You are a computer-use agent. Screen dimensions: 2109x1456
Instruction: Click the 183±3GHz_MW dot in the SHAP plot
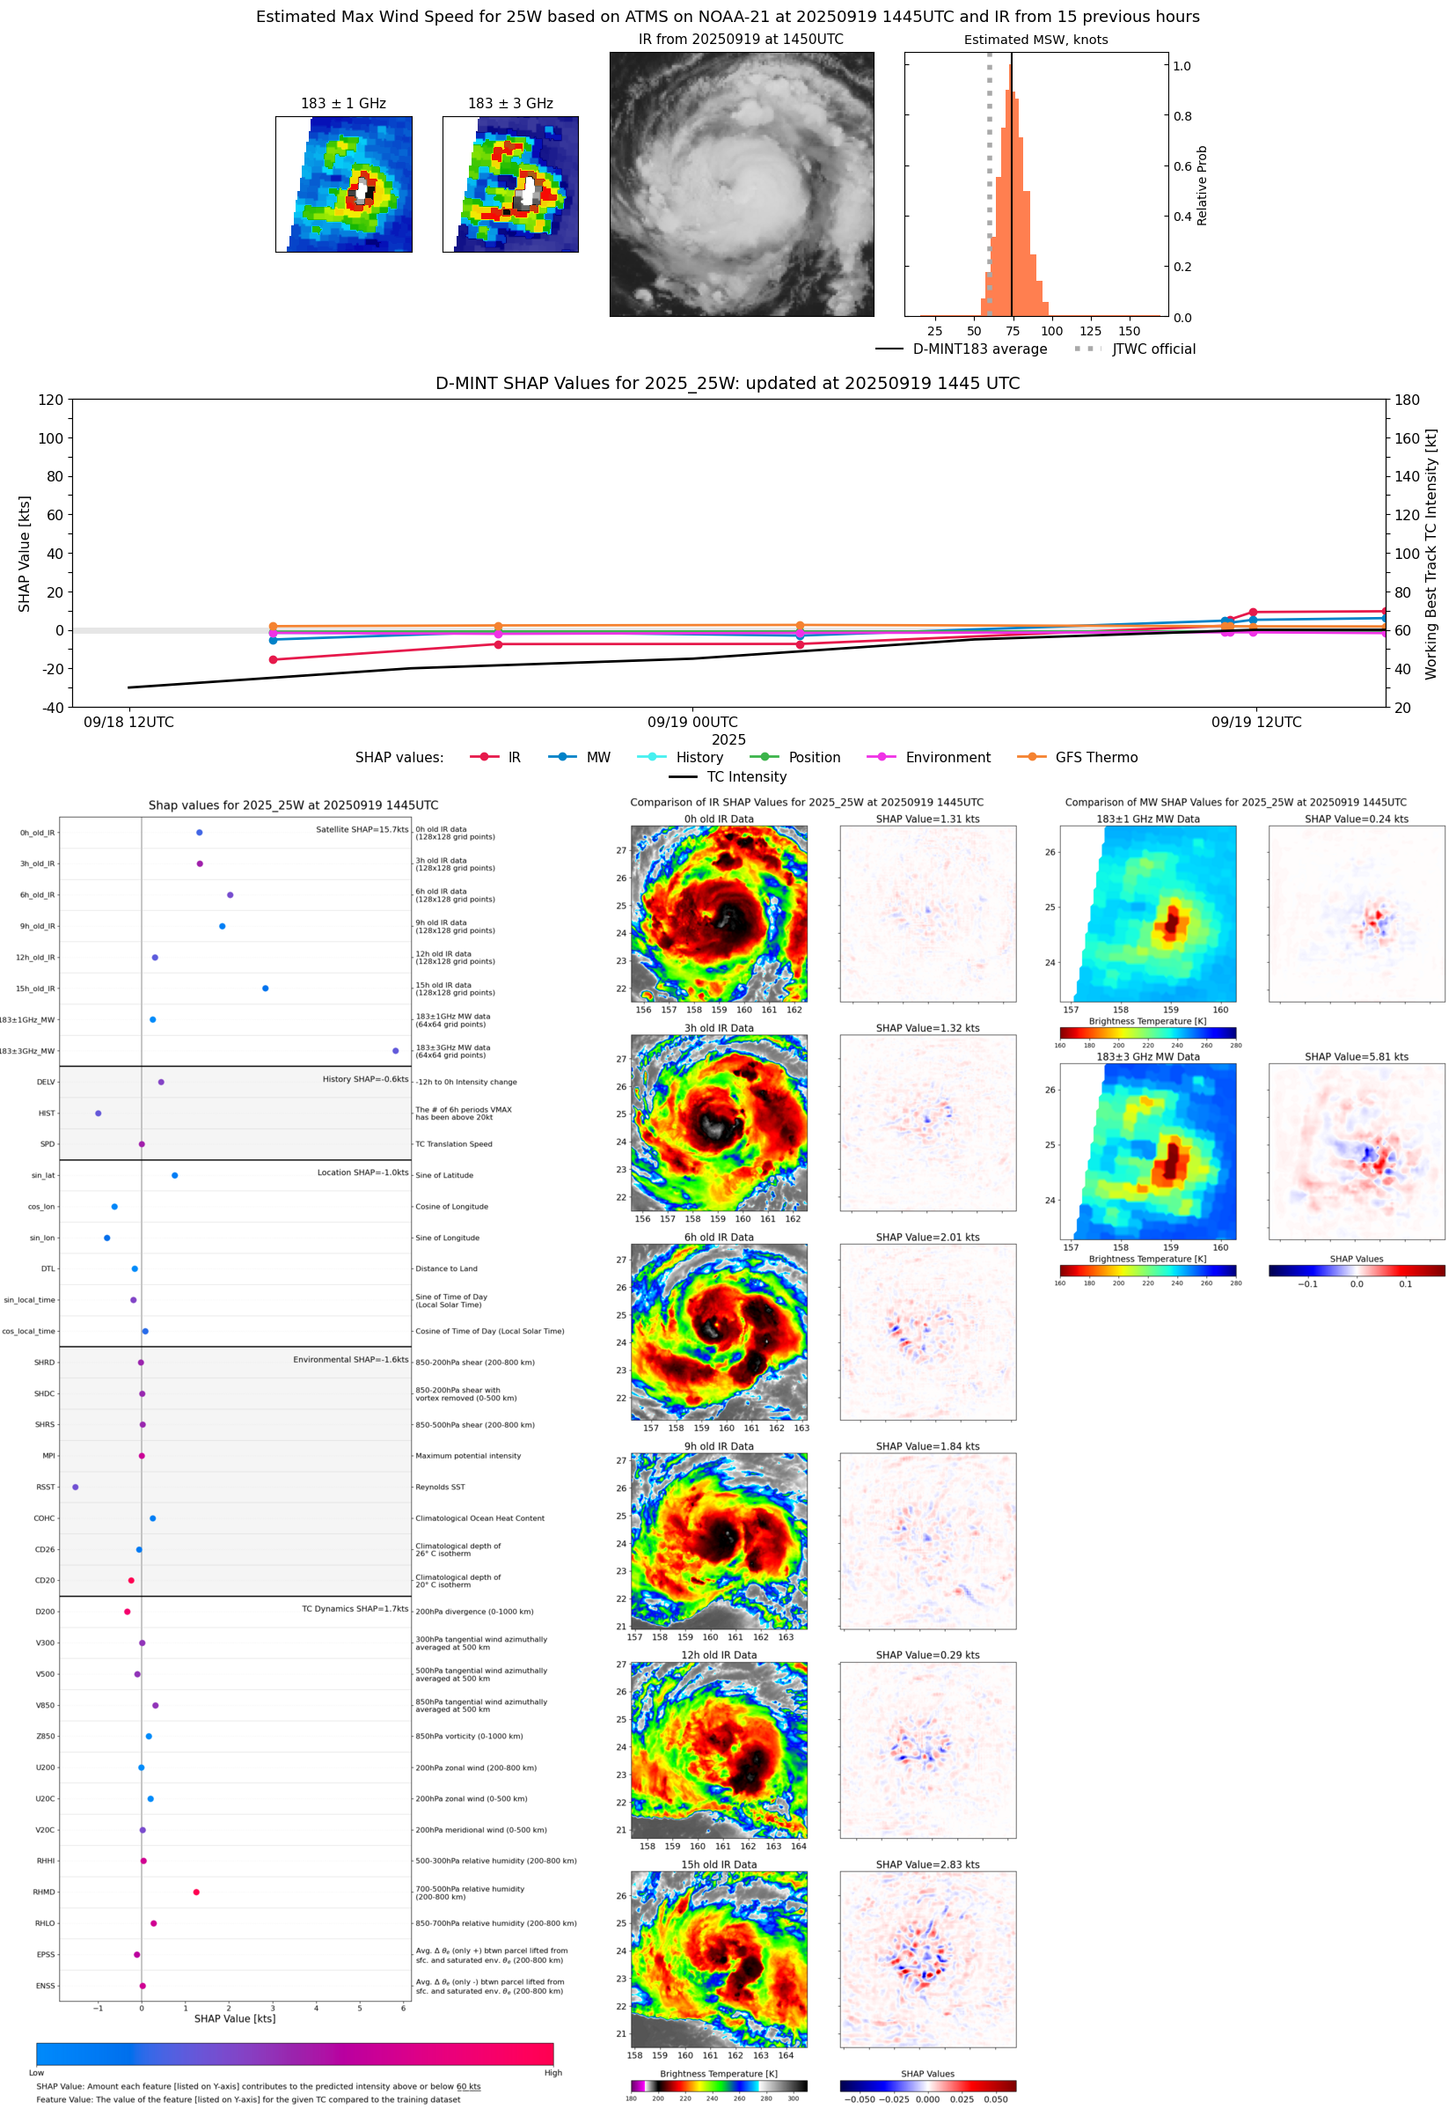pos(395,1050)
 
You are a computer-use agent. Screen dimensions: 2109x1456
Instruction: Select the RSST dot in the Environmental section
pos(76,1487)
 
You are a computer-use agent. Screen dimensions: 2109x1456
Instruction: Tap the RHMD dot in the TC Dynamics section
pos(196,1892)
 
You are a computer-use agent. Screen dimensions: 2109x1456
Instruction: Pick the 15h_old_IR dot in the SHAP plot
pos(266,988)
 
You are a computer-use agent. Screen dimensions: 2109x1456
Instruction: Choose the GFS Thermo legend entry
pos(1079,758)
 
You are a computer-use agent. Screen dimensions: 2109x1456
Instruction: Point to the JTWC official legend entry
pos(1135,349)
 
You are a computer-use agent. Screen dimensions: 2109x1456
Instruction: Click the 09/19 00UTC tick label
pos(692,722)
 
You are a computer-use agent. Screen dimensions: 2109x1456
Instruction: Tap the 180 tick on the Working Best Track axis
pos(1407,400)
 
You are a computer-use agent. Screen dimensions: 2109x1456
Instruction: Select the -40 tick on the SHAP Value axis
pos(51,708)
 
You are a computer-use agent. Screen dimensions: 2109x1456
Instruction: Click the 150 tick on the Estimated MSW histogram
pos(1129,331)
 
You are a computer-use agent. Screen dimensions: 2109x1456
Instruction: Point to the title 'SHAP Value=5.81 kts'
pos(1356,1057)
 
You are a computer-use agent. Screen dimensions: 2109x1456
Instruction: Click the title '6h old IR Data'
pos(719,1238)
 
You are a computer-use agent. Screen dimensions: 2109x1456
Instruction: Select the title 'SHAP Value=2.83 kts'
pos(927,1864)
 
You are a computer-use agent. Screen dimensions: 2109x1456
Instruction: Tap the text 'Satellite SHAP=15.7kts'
pos(362,829)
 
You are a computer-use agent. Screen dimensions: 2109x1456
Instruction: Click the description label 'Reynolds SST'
pos(440,1488)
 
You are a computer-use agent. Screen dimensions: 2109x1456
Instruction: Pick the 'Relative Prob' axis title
pos(1202,185)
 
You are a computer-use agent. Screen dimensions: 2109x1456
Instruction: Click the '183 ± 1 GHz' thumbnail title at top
pos(343,104)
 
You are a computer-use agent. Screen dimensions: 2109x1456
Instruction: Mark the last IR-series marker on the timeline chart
pos(1385,612)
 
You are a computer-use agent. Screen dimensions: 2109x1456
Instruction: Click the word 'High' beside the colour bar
pos(552,2073)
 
